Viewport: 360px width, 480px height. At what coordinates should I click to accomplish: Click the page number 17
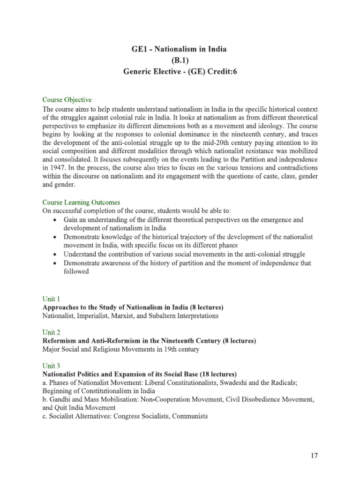[x=315, y=455]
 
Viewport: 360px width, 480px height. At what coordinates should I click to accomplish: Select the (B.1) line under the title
[x=180, y=61]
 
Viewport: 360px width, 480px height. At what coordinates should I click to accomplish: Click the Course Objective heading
[x=67, y=100]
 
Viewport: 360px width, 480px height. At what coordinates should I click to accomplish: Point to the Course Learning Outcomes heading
[x=81, y=202]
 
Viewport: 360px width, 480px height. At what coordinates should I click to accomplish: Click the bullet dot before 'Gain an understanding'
[x=56, y=220]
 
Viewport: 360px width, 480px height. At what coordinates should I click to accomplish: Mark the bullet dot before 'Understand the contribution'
[x=56, y=255]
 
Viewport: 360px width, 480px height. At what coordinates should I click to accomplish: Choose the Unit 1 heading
[x=52, y=299]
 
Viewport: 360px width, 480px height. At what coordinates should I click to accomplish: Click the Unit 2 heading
[x=52, y=332]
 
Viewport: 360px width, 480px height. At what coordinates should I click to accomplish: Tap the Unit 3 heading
[x=52, y=365]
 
